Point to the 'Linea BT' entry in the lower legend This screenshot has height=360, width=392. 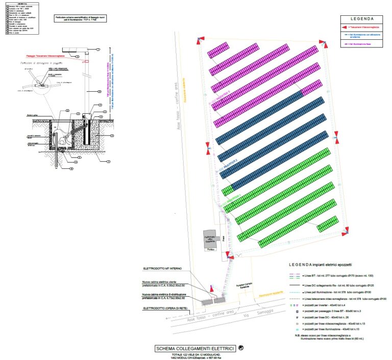tap(332, 275)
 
